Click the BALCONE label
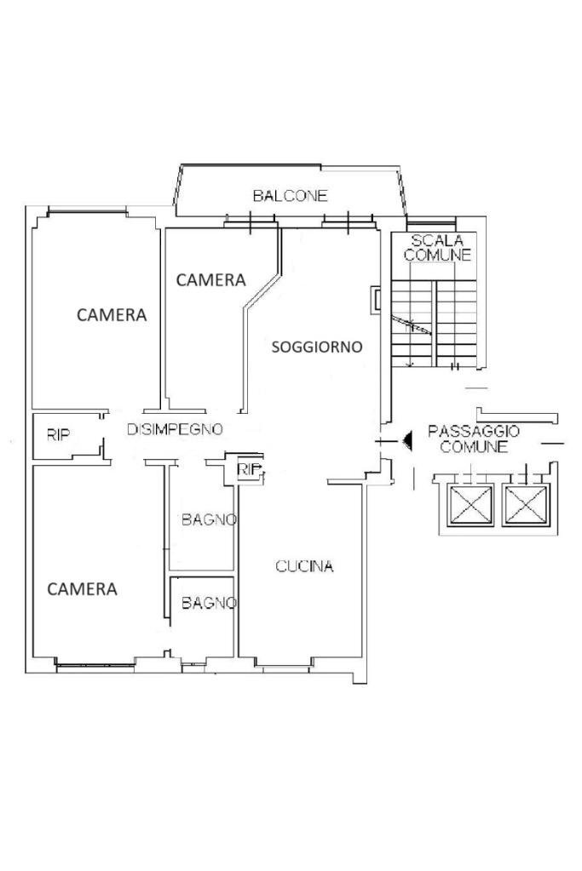(291, 196)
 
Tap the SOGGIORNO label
(317, 347)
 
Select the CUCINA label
(304, 566)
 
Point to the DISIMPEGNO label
(175, 429)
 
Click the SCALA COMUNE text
(437, 248)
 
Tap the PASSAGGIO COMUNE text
(474, 438)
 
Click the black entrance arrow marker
(407, 442)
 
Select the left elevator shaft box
(471, 505)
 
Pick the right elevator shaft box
(525, 505)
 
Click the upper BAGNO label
(209, 520)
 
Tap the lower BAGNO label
(209, 603)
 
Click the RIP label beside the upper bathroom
(249, 469)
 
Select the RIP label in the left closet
(58, 435)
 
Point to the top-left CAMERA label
(112, 315)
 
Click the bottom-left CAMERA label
(83, 589)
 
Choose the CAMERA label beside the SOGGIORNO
(211, 280)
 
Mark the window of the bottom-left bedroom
(96, 664)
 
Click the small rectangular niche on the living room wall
(377, 300)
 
